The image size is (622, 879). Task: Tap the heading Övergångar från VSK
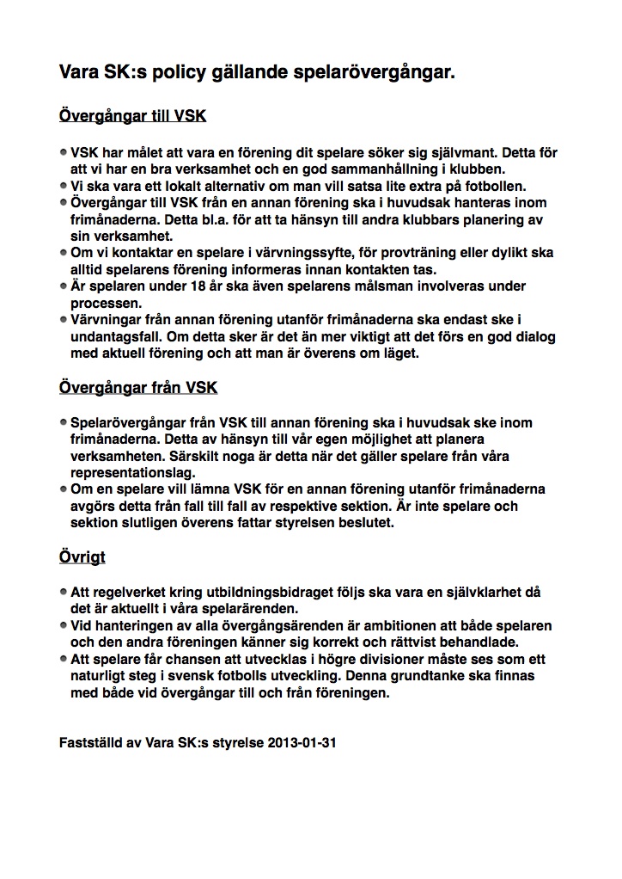coord(138,387)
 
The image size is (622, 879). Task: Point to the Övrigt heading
coord(82,556)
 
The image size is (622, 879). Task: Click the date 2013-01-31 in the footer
coord(302,741)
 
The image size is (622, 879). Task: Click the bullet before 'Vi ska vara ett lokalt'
coord(64,185)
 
